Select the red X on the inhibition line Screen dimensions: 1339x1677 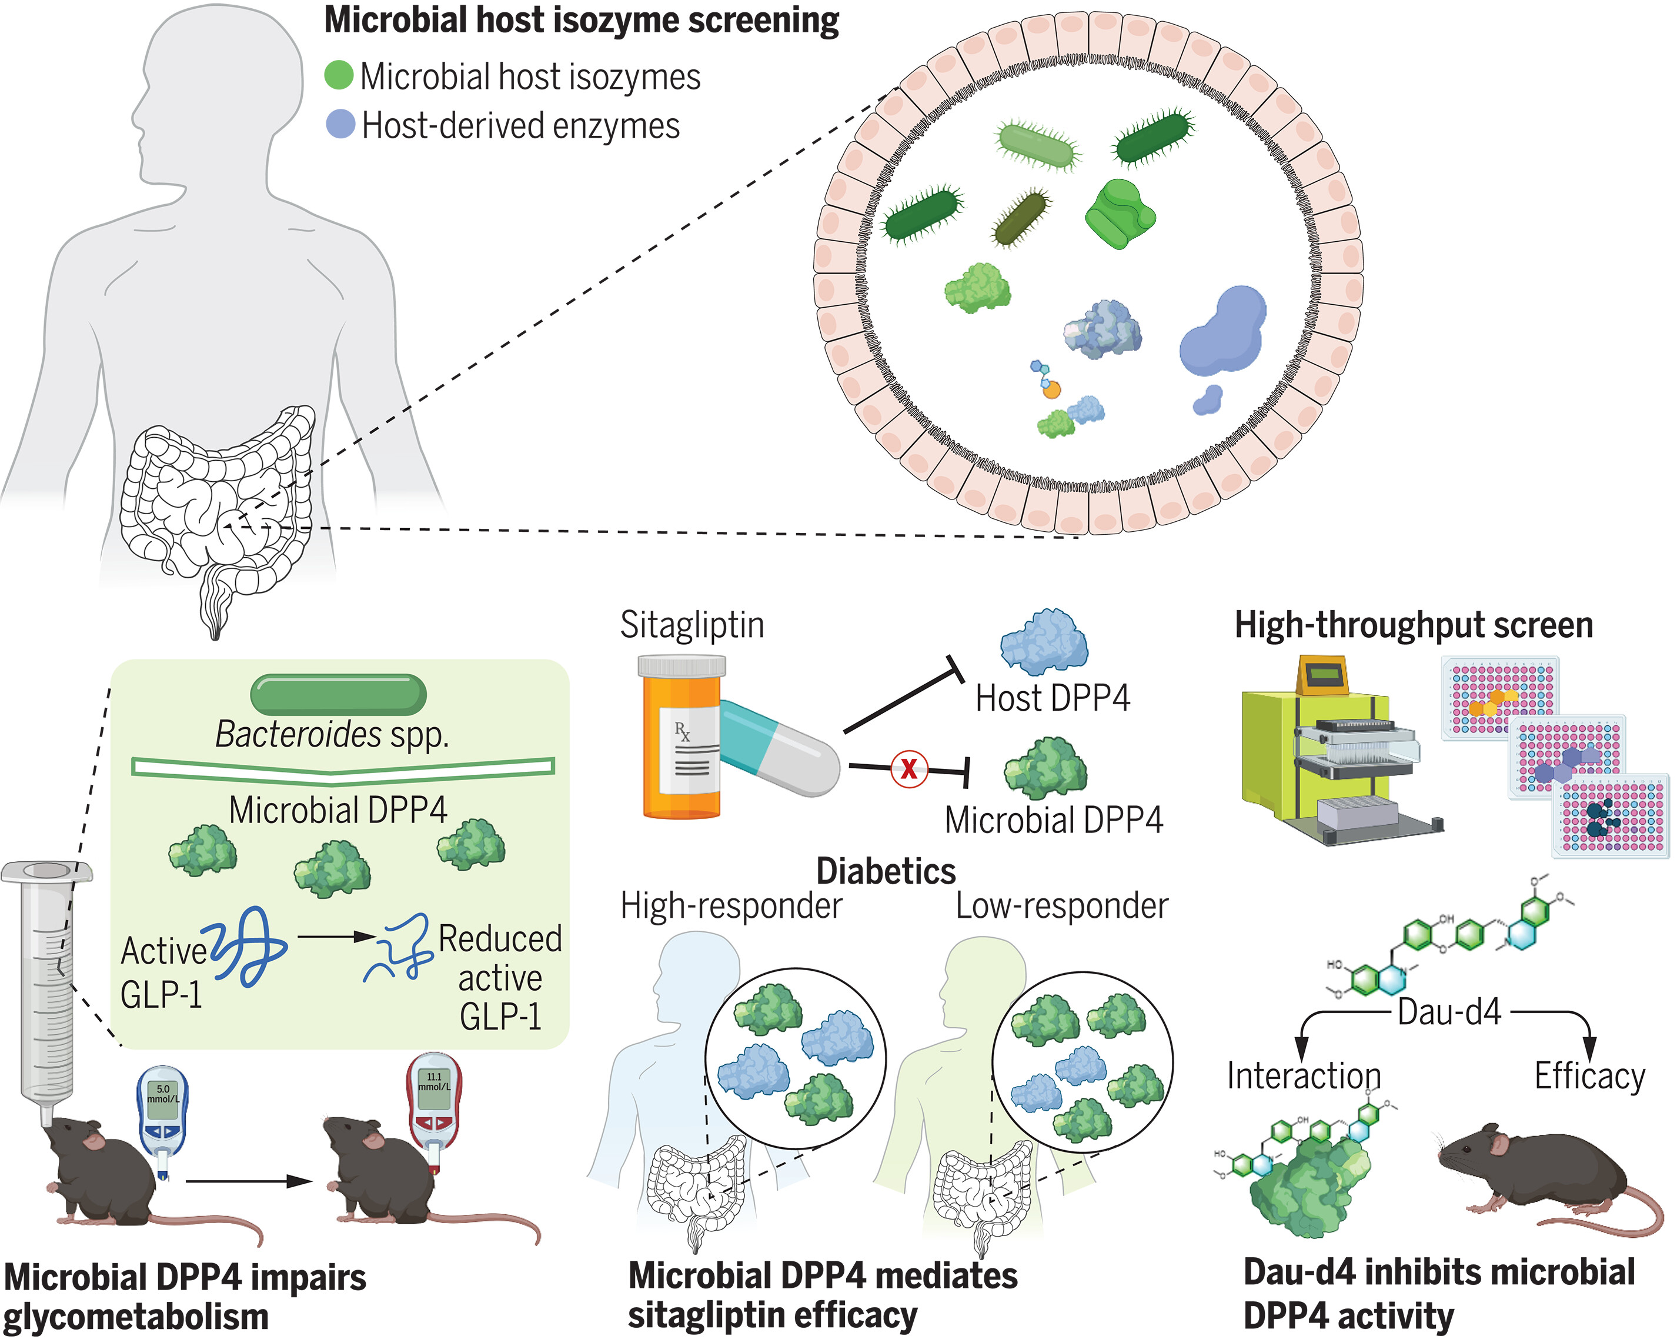point(908,770)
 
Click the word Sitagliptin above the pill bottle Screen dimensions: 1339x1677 point(691,625)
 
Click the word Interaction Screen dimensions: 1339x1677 point(1304,1075)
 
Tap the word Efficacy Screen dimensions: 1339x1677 point(1589,1075)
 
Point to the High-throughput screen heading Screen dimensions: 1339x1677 point(1414,625)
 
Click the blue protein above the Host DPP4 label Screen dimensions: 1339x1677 point(1043,642)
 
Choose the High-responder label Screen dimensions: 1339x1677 point(730,905)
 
